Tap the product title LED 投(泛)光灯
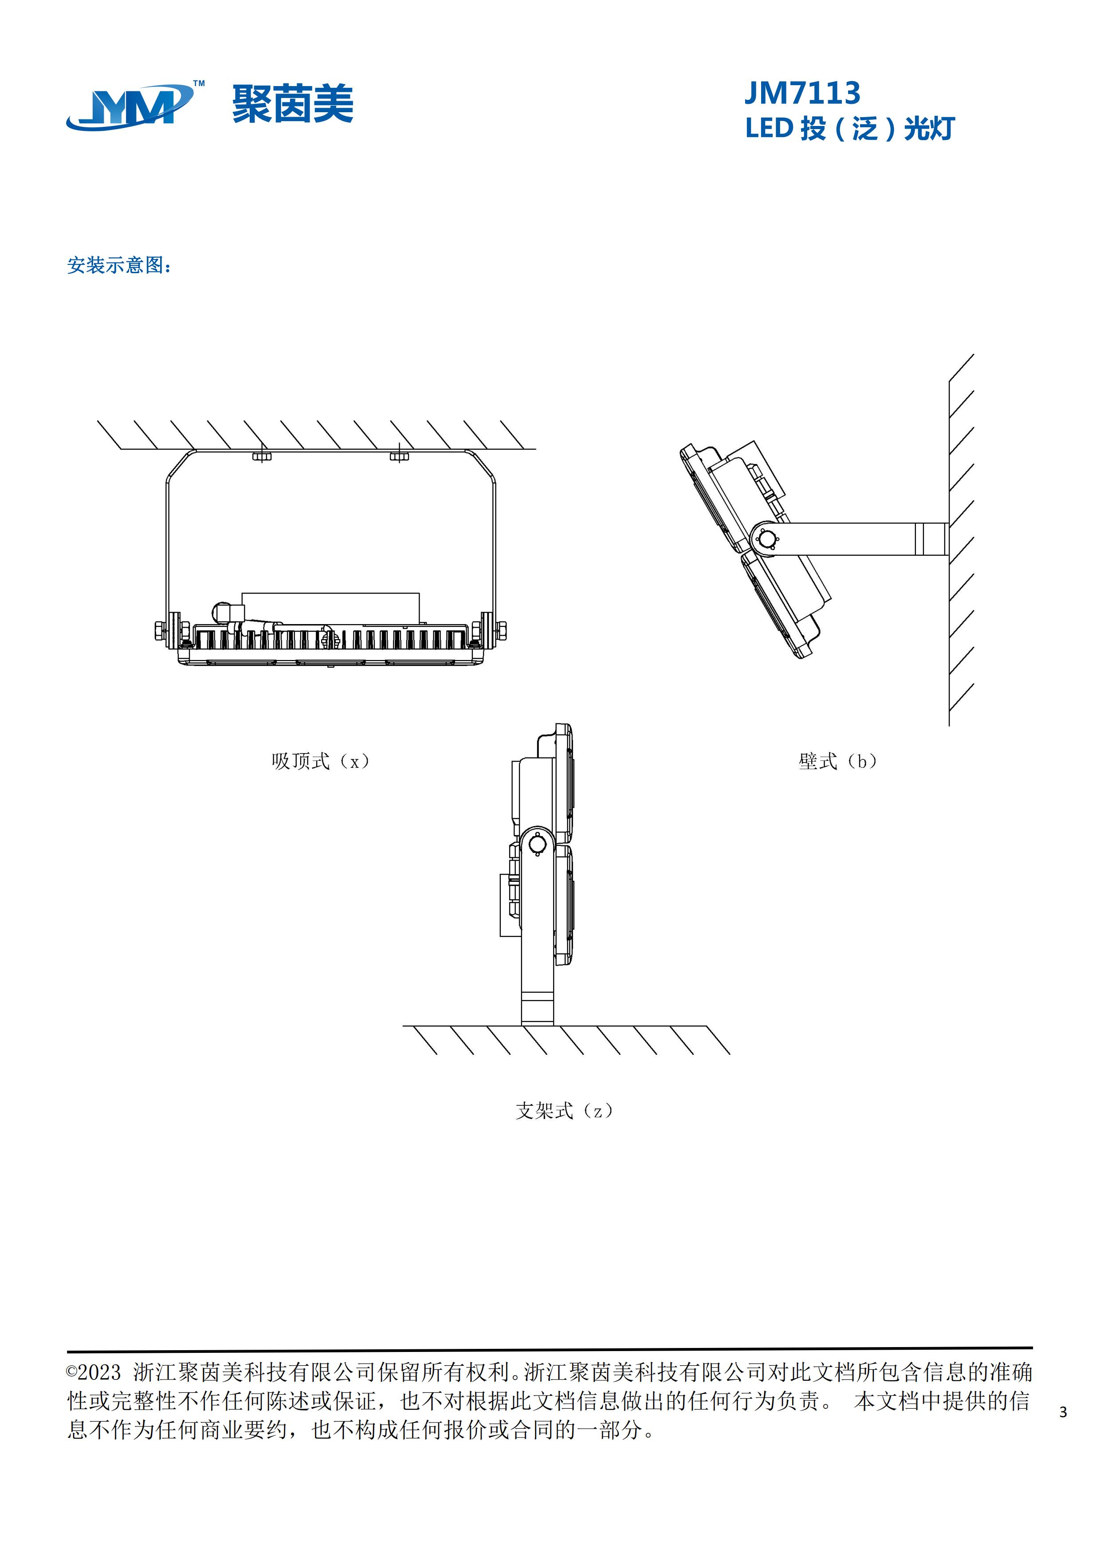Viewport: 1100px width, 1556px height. pos(850,129)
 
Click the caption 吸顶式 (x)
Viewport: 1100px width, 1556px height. pos(321,761)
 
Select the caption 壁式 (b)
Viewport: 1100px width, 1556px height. pos(838,761)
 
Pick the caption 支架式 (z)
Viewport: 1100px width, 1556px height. pos(564,1111)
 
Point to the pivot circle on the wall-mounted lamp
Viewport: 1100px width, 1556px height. pos(767,539)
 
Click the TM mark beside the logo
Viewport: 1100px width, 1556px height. pos(199,84)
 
